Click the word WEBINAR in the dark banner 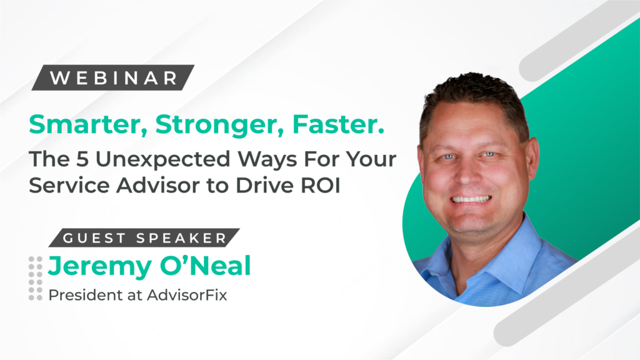pos(114,78)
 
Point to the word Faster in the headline pos(338,124)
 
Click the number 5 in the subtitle pos(82,159)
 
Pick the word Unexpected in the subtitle pos(163,160)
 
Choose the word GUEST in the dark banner pos(94,238)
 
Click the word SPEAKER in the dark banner pos(181,238)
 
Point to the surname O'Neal pos(205,266)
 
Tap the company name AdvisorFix pos(187,295)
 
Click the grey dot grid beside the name pos(36,278)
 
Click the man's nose pos(469,171)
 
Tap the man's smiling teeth pos(471,199)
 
